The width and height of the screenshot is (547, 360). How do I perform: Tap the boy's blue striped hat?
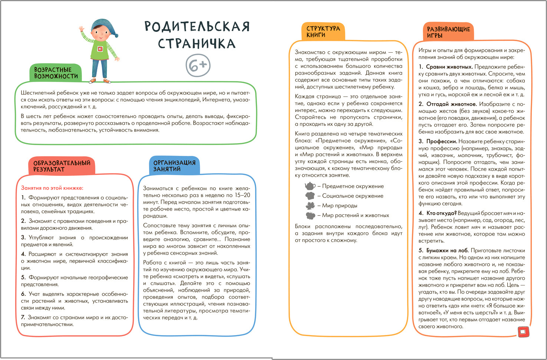point(103,27)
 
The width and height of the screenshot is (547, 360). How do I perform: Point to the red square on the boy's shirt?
point(100,49)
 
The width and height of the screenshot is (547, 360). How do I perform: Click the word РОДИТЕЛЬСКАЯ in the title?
point(197,27)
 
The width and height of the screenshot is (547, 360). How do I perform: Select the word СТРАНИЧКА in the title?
point(197,43)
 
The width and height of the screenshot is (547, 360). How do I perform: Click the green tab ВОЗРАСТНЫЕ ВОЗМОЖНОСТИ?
point(56,73)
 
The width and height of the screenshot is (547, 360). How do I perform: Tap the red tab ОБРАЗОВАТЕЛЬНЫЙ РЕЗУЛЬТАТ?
point(62,166)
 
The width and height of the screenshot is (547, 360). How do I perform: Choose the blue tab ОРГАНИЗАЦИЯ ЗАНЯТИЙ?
point(174,166)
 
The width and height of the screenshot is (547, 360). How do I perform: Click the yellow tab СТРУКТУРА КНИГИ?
point(323,32)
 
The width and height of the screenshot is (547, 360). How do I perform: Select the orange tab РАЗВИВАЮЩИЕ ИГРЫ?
point(448,32)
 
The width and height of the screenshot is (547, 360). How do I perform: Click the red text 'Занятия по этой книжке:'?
point(52,188)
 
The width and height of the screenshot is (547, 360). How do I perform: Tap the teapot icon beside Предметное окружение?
point(309,186)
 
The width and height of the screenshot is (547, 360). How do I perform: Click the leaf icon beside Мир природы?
point(310,206)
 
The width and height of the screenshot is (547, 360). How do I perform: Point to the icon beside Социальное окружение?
point(310,196)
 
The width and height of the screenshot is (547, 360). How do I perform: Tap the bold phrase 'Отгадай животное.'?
point(451,104)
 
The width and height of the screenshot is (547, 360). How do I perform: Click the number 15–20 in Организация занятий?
point(243,195)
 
